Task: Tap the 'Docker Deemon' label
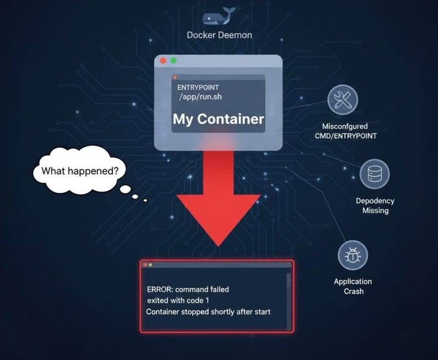click(220, 35)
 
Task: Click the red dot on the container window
click(163, 61)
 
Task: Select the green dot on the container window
click(174, 61)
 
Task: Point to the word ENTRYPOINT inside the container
click(198, 88)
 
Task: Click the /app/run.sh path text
click(200, 97)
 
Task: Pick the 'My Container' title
click(218, 119)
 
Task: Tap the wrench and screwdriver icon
click(343, 100)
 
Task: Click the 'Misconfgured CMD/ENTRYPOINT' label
click(346, 131)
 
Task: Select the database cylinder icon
click(374, 174)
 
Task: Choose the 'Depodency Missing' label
click(375, 205)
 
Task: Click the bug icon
click(353, 255)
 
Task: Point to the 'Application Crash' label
click(353, 286)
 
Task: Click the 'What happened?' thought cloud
click(79, 170)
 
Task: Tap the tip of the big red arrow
click(218, 247)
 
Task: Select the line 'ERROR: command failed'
click(188, 289)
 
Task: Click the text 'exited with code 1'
click(178, 301)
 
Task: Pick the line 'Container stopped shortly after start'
click(208, 312)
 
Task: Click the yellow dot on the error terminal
click(150, 265)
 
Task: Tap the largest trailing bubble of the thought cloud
click(125, 189)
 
